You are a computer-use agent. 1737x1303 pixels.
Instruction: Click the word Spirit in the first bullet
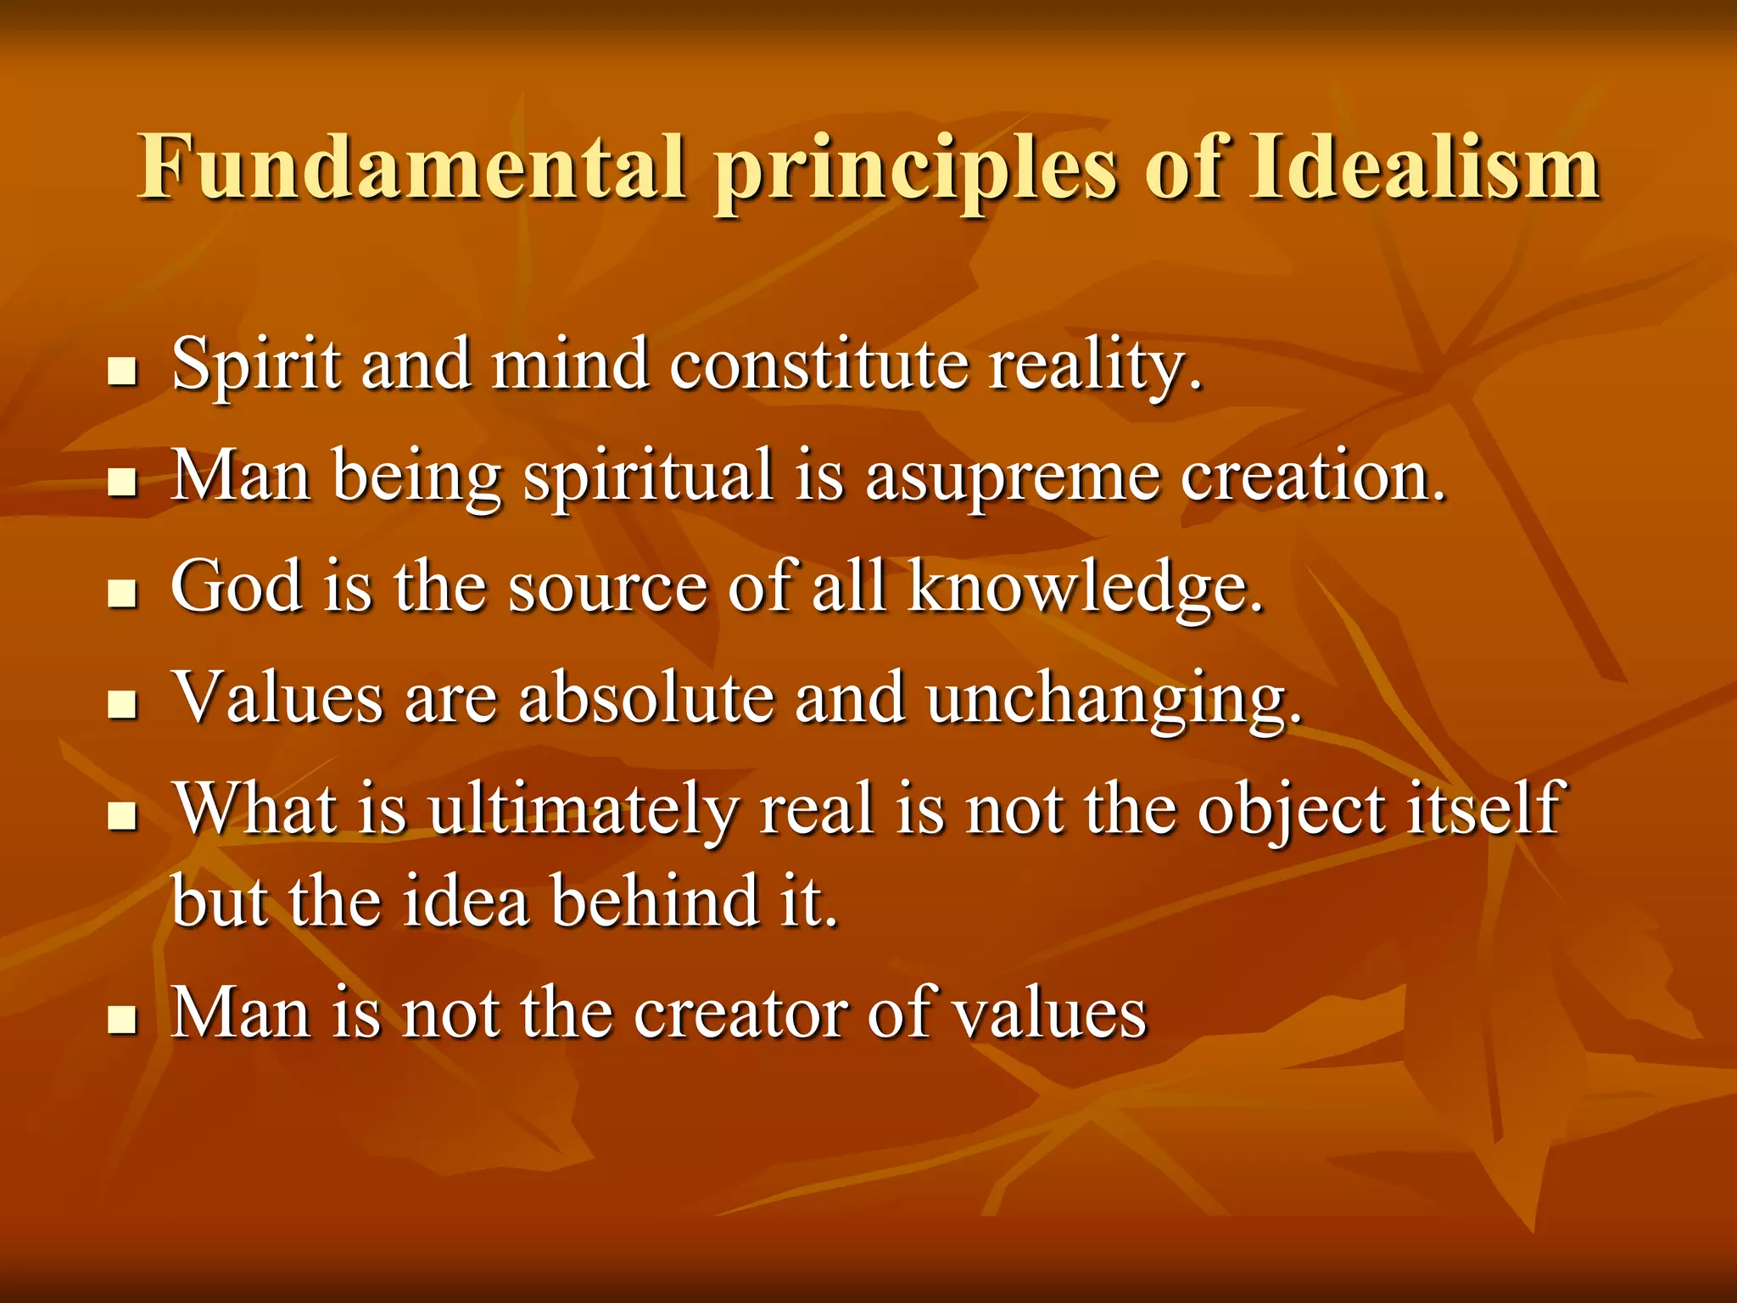click(x=255, y=365)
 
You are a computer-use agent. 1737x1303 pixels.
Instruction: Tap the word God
click(x=237, y=586)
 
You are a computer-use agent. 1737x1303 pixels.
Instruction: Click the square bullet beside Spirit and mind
click(x=123, y=372)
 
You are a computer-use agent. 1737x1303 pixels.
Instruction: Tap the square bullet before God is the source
click(x=123, y=594)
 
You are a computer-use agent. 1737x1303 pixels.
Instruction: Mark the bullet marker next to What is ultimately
click(x=123, y=816)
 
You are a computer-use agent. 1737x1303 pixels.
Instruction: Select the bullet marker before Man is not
click(x=123, y=1020)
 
